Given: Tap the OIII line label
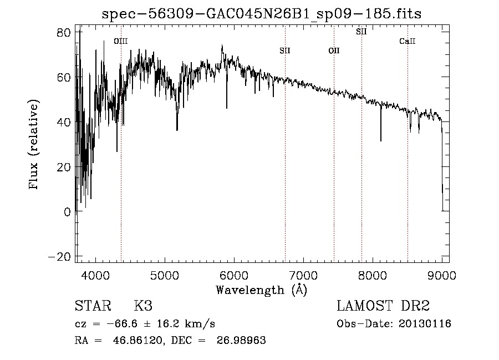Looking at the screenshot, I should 120,41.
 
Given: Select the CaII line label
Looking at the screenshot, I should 408,41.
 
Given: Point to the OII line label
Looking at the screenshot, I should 334,51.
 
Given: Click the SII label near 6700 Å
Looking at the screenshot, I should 285,51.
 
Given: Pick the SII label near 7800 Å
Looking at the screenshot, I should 361,32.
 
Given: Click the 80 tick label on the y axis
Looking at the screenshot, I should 64,32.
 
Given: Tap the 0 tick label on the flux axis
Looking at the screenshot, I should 67,211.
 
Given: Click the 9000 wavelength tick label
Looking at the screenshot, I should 442,275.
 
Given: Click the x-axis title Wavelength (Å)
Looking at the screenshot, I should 261,290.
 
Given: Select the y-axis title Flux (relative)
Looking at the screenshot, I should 34,145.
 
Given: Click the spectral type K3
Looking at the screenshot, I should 143,306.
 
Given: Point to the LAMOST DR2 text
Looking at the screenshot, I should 383,306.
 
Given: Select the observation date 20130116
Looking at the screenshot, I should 425,324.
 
